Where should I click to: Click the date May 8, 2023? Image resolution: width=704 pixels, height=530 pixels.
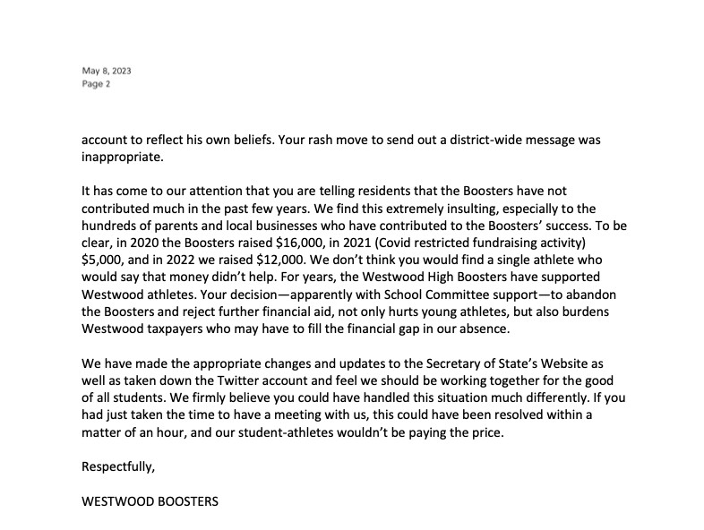pos(100,71)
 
